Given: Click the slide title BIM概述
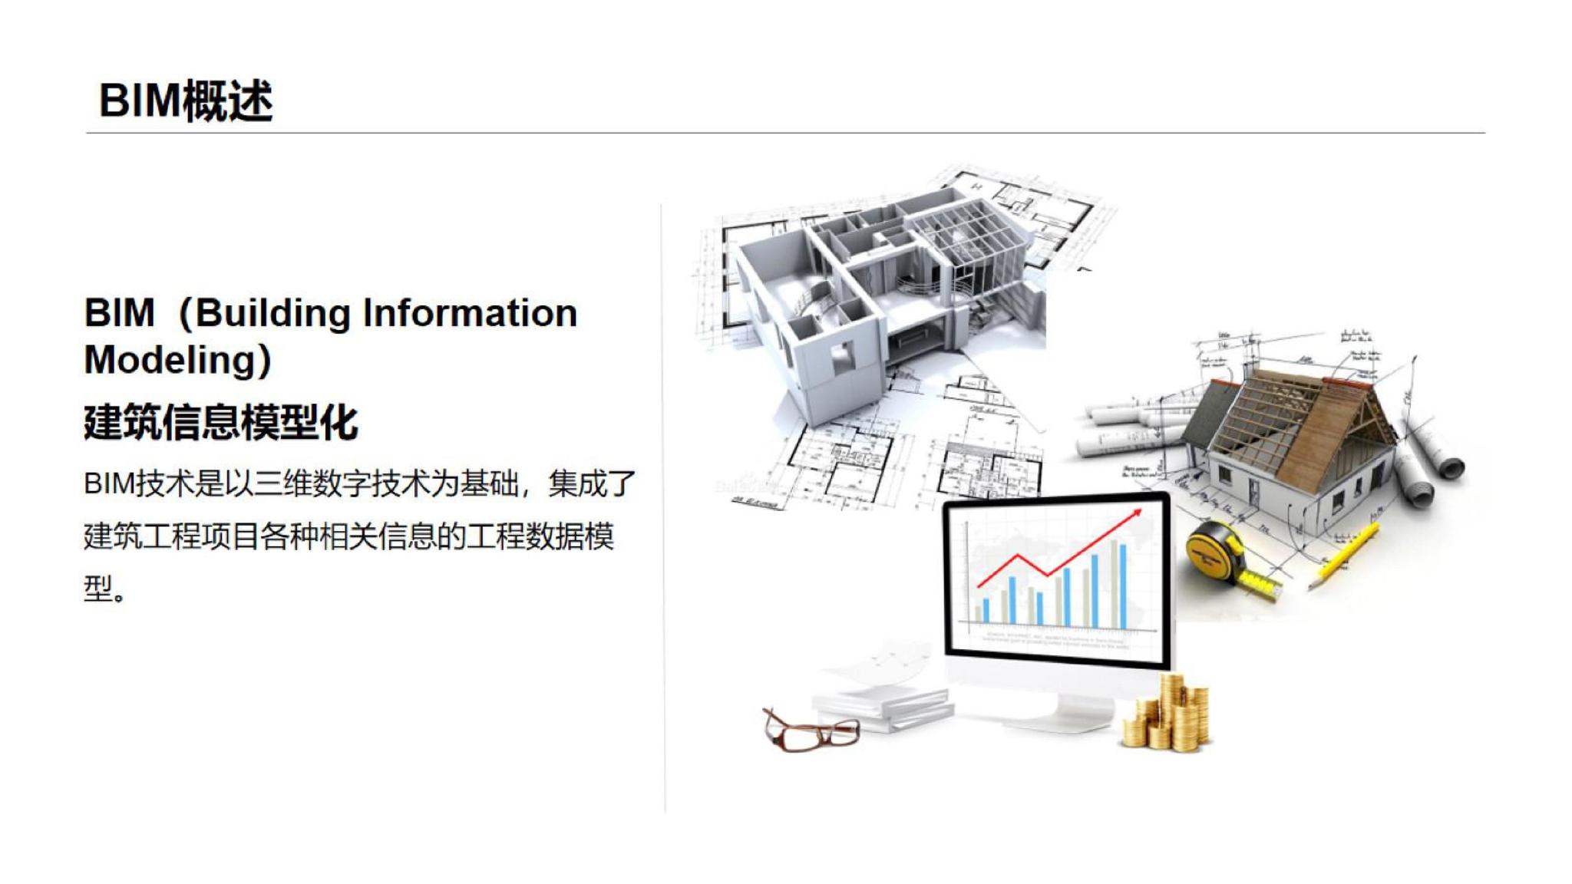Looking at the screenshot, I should pos(186,101).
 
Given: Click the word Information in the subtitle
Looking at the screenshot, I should pos(470,313).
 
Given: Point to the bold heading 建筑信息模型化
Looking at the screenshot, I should pos(221,423).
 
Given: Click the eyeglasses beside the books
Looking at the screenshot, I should pos(811,729).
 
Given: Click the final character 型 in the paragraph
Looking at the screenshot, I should pos(98,589).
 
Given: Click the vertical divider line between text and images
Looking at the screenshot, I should pos(664,506).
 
